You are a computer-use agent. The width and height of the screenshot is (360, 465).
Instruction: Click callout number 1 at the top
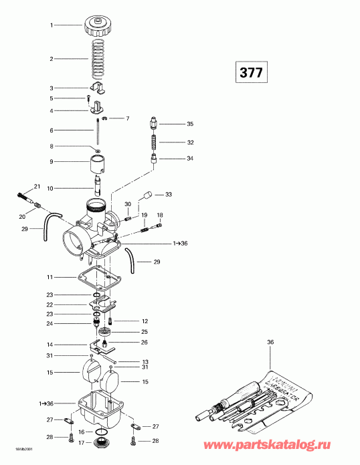(50, 25)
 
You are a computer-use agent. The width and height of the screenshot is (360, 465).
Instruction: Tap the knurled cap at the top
(98, 29)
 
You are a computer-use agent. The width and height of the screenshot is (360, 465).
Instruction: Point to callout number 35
(189, 124)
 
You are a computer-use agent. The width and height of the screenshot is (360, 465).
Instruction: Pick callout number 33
(169, 194)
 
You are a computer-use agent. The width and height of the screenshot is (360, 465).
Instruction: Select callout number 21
(37, 186)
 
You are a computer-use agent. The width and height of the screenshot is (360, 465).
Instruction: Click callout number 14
(50, 345)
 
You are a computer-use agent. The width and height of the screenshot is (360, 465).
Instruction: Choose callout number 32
(190, 143)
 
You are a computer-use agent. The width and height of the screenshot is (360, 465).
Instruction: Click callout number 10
(50, 188)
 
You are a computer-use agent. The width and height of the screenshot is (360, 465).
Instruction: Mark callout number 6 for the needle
(50, 130)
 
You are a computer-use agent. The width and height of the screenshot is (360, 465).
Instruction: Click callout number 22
(50, 304)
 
